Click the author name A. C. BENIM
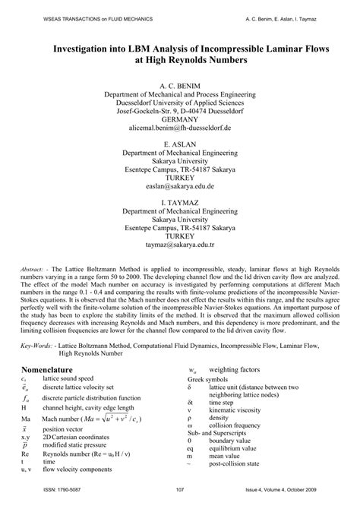[180, 77]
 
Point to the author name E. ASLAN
[180, 141]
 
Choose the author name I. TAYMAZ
[180, 201]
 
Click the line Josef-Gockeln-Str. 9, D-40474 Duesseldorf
[180, 107]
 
